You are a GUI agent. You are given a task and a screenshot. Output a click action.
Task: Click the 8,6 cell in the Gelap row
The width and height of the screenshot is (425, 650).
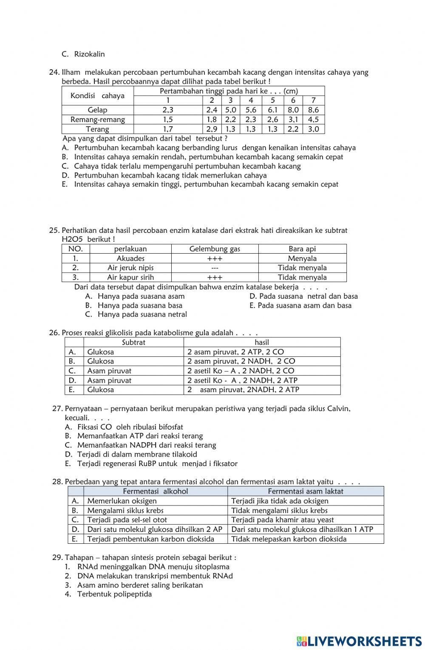(x=313, y=110)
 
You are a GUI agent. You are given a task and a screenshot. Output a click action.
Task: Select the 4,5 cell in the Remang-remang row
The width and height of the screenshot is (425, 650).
(x=313, y=119)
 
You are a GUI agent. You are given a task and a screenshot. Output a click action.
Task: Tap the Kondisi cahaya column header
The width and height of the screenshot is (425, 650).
(x=97, y=96)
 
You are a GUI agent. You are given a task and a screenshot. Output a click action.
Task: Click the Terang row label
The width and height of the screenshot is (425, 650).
(x=97, y=129)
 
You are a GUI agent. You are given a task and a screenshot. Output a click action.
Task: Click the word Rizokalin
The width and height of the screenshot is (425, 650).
(x=89, y=54)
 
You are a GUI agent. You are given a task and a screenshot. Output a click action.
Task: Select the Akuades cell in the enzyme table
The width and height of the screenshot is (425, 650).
(x=130, y=258)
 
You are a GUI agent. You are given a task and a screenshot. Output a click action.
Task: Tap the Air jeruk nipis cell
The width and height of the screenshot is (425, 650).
(x=130, y=268)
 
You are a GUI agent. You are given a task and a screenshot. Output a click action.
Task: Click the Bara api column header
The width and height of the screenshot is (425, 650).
(x=302, y=249)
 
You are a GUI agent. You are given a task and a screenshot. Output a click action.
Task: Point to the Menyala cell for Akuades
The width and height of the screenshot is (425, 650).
(x=302, y=258)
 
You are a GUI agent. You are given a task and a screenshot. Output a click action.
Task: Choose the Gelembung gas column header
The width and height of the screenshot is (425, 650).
(x=215, y=249)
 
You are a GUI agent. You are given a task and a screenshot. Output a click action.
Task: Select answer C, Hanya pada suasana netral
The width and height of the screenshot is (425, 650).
(x=142, y=314)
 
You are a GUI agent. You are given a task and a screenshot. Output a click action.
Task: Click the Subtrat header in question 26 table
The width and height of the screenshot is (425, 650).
(x=133, y=342)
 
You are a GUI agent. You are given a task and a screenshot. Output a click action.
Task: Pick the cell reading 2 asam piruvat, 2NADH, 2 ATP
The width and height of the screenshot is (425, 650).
(x=243, y=390)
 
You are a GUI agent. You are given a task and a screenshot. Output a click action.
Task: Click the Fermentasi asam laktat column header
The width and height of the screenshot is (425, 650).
(x=306, y=491)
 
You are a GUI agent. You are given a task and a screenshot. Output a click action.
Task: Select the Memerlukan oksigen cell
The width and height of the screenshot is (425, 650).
(x=122, y=501)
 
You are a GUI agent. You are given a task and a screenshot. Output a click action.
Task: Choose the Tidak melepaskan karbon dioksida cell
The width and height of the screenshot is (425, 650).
(x=289, y=539)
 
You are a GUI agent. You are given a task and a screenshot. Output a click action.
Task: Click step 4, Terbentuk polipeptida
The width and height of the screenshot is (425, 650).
(x=114, y=594)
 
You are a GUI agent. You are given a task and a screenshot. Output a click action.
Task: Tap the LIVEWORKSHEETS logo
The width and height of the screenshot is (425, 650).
(x=359, y=641)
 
